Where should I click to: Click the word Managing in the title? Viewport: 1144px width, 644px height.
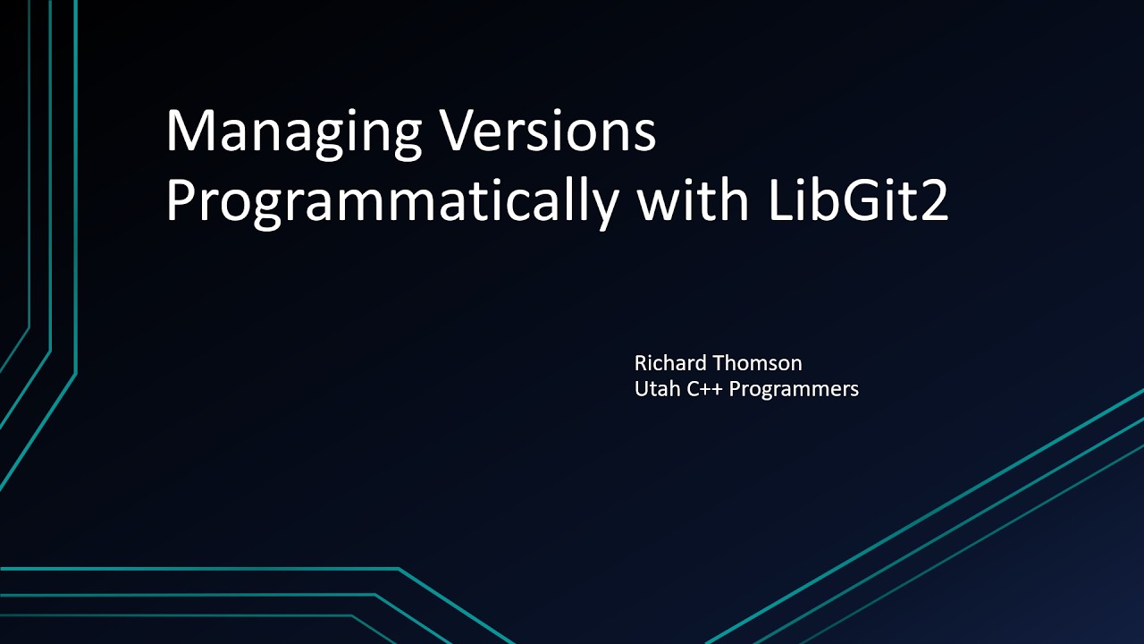coord(293,132)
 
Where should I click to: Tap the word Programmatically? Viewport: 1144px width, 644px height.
coord(391,204)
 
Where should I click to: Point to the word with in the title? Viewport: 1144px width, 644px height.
coord(692,202)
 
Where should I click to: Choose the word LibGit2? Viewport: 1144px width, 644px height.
coord(856,202)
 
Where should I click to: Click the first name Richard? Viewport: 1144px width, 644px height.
coord(669,363)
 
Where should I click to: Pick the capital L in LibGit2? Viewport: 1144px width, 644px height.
coord(777,202)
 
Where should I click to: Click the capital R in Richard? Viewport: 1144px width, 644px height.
coord(641,363)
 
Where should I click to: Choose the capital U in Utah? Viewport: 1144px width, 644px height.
coord(641,389)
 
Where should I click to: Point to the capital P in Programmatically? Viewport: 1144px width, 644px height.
coord(181,202)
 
